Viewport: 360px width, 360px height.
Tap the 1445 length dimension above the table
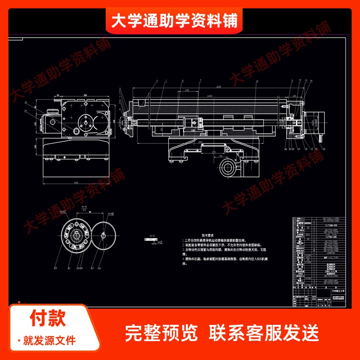[x=208, y=96]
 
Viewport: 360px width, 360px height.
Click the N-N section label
[x=152, y=235]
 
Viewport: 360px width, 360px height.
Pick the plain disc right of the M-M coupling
[x=105, y=235]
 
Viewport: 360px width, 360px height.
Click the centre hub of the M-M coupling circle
[x=77, y=235]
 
